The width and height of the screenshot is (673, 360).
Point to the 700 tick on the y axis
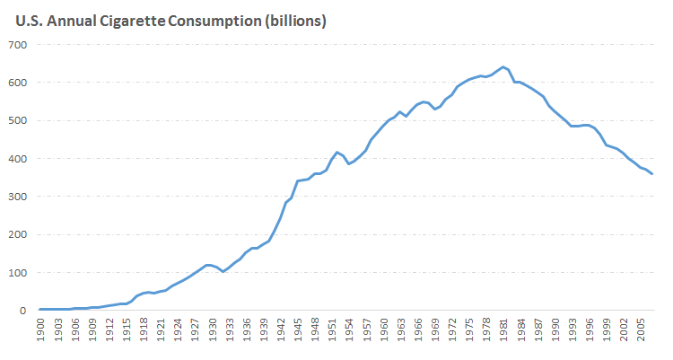tap(18, 45)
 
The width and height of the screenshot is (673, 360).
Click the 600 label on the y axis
tap(18, 83)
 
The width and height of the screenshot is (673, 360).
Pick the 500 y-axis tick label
tap(18, 120)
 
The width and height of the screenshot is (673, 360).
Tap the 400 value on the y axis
tap(18, 159)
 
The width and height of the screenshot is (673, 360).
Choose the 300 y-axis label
tap(18, 197)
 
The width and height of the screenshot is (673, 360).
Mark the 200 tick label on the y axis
tap(18, 234)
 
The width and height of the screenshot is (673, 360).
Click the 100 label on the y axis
tap(18, 273)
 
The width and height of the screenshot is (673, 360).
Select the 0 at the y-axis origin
tap(24, 311)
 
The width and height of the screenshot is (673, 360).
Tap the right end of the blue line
tap(652, 173)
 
